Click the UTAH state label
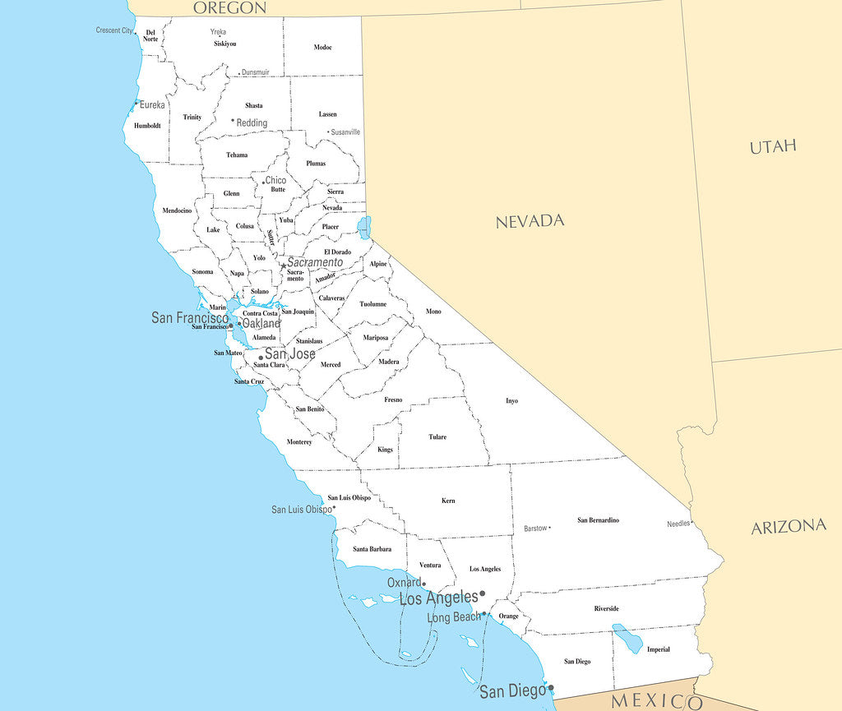click(773, 147)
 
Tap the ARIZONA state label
click(788, 527)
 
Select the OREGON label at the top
click(230, 8)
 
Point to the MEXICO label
click(657, 701)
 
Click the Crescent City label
click(114, 30)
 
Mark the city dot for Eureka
click(136, 104)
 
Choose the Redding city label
click(252, 123)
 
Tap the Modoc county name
click(322, 48)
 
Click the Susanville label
click(345, 132)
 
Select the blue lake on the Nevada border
click(364, 228)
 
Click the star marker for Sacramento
click(284, 265)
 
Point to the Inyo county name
click(511, 401)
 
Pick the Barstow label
click(535, 529)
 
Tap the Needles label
click(678, 524)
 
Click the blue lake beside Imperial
click(628, 639)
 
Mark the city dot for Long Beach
click(484, 614)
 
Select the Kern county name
click(448, 501)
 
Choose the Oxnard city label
click(404, 583)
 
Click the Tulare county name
click(437, 437)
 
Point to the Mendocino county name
click(177, 210)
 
